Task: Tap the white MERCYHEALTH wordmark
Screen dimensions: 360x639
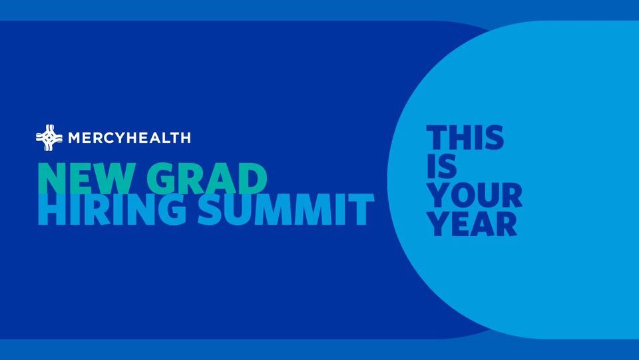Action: point(129,138)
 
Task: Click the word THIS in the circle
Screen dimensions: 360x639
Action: point(465,138)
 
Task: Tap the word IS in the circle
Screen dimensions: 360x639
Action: point(442,167)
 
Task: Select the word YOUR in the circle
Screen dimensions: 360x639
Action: point(475,196)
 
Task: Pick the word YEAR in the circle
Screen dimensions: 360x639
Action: point(472,224)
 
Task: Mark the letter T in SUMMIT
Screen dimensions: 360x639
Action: point(361,209)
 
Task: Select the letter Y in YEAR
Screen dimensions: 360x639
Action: point(439,224)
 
